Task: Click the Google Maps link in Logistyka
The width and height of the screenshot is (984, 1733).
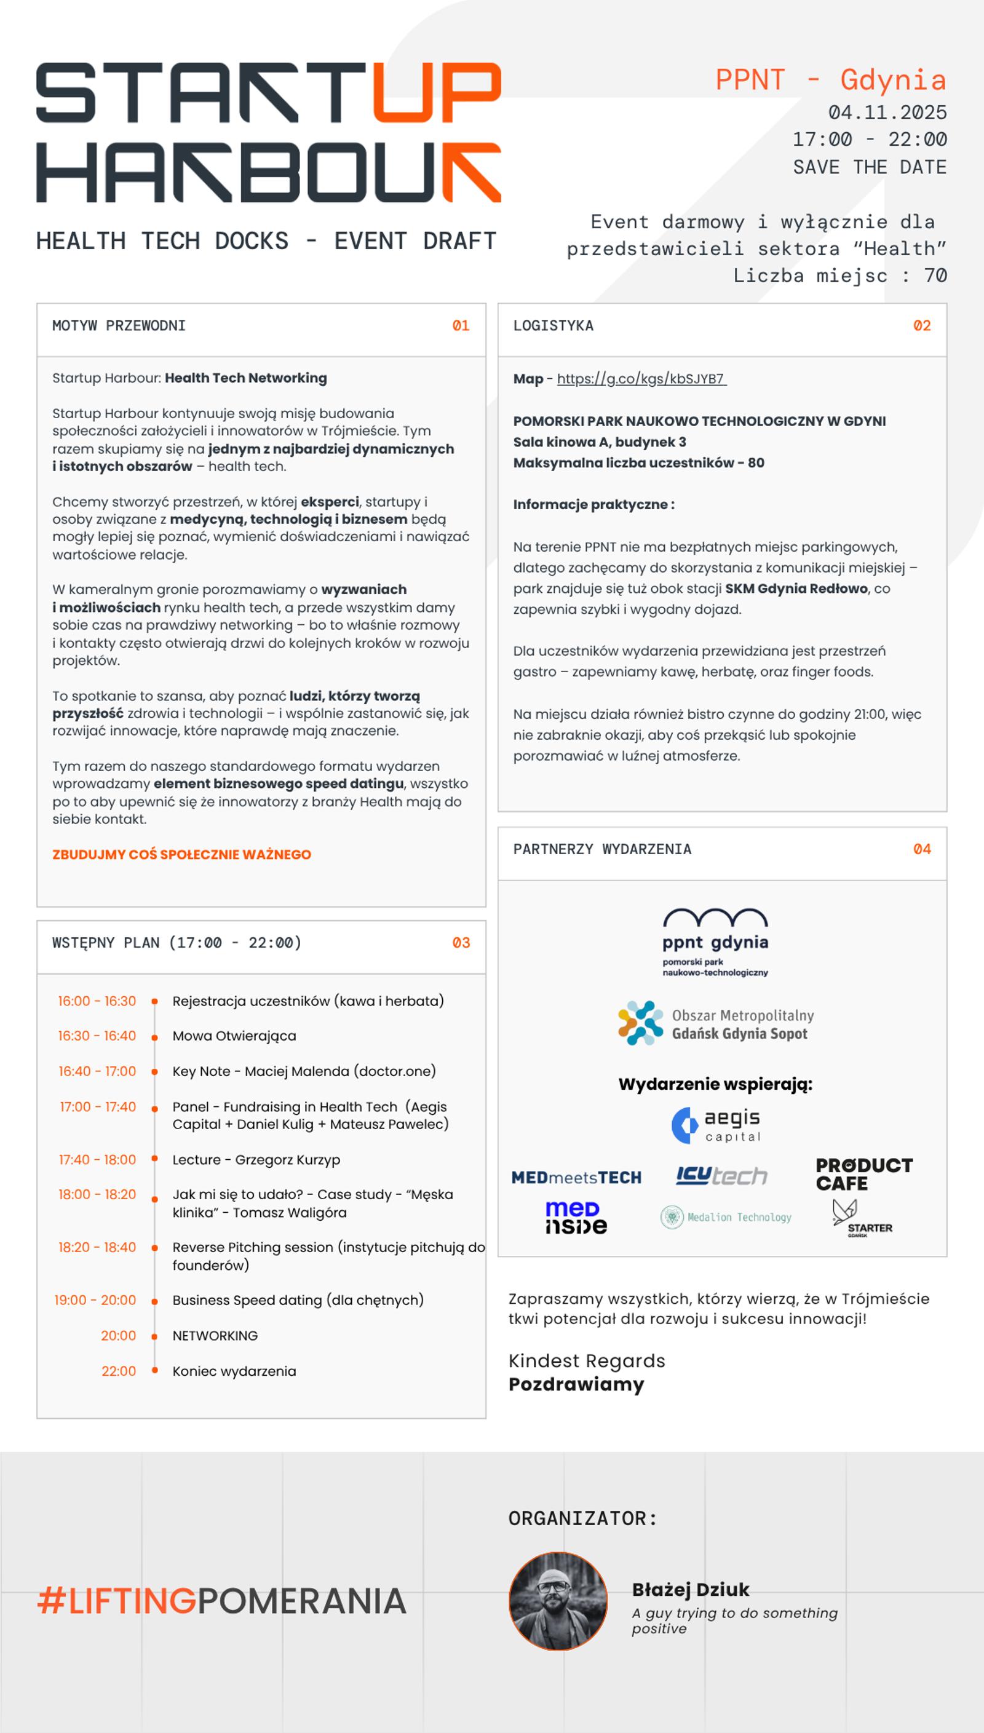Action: [x=641, y=378]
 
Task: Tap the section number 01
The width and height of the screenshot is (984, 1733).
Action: [x=461, y=326]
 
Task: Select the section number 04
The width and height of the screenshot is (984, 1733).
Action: [x=922, y=849]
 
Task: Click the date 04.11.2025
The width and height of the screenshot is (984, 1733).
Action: [x=887, y=112]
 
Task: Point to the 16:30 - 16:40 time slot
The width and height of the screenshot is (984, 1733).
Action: [x=97, y=1036]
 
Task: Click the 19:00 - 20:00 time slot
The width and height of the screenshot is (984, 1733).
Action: [x=95, y=1300]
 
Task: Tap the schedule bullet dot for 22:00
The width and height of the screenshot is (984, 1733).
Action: [x=155, y=1370]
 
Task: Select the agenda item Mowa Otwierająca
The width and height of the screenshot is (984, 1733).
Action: [x=234, y=1036]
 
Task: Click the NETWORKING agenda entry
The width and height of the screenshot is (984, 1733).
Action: [x=215, y=1336]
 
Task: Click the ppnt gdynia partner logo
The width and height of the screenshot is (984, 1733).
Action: [x=715, y=942]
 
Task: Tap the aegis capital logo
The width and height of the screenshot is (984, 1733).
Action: [x=716, y=1125]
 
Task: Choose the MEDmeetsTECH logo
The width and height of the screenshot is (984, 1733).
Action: [x=576, y=1178]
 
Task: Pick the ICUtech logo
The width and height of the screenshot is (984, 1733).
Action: [x=721, y=1176]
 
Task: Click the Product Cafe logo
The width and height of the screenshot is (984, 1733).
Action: [x=863, y=1174]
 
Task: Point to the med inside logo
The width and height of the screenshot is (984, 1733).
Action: [x=576, y=1218]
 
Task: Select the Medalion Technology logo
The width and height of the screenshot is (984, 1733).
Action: [x=726, y=1218]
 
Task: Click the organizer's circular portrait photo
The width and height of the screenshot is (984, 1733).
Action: [x=558, y=1601]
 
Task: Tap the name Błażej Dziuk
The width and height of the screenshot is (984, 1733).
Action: [x=691, y=1590]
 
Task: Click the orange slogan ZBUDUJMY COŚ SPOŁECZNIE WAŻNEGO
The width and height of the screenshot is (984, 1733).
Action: [x=182, y=855]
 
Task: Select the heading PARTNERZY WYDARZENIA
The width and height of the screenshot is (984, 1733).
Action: [x=602, y=849]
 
